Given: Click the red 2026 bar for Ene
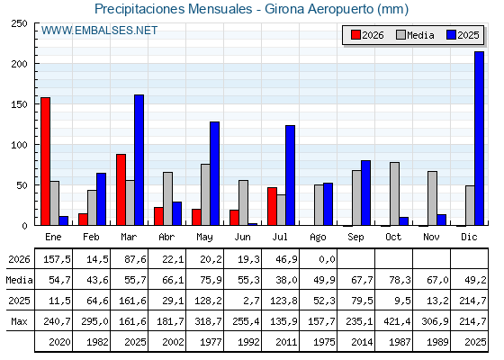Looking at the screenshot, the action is [x=45, y=161].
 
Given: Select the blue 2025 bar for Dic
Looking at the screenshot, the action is [x=479, y=139].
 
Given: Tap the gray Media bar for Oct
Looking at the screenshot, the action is [x=394, y=193].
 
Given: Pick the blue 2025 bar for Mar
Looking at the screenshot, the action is [x=139, y=160].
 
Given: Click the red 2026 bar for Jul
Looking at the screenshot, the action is [x=272, y=206].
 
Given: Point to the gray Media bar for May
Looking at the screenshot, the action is [x=205, y=194].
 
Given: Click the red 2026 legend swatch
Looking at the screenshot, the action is [x=355, y=35].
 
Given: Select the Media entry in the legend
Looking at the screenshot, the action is [x=415, y=35].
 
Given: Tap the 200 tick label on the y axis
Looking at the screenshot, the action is [x=20, y=64].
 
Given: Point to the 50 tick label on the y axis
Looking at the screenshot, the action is [x=22, y=185].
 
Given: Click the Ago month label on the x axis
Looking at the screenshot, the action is [x=318, y=238].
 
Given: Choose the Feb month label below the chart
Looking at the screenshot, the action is [x=91, y=237].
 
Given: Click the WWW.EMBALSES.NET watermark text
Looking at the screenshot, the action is [x=99, y=31].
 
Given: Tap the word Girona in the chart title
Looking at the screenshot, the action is [x=284, y=9].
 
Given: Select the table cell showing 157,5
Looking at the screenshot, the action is [x=57, y=259].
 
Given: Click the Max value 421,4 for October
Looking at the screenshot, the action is [x=397, y=321].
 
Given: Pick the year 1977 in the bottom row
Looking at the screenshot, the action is [x=211, y=342].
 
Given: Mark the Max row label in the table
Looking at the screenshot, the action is [x=19, y=321].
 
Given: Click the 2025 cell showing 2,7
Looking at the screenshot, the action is [x=252, y=301].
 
